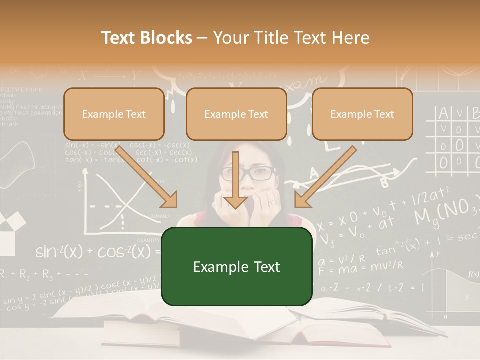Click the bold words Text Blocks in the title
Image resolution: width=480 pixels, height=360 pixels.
pyautogui.click(x=146, y=38)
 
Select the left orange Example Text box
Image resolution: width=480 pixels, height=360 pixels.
pyautogui.click(x=114, y=114)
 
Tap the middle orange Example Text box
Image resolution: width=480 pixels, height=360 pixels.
pyautogui.click(x=236, y=114)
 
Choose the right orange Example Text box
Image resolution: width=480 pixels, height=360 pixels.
pyautogui.click(x=362, y=114)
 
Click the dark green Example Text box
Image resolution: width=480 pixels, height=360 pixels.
pyautogui.click(x=236, y=266)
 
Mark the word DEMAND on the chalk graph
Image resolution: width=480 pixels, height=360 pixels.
pyautogui.click(x=160, y=216)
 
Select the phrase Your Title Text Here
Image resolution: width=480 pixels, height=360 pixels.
pyautogui.click(x=291, y=38)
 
